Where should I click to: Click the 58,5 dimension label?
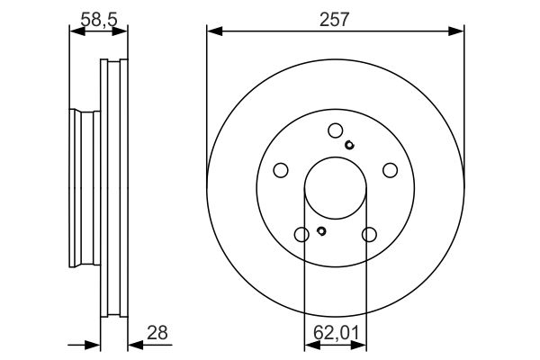99,19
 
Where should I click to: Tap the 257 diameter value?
334,19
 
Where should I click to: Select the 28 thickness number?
157,333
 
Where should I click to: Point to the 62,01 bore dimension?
336,333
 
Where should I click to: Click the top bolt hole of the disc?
336,130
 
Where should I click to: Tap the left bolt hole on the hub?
281,170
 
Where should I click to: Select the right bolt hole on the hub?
391,170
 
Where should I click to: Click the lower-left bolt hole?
301,235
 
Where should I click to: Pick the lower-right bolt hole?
369,235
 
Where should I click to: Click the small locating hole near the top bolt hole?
349,145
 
